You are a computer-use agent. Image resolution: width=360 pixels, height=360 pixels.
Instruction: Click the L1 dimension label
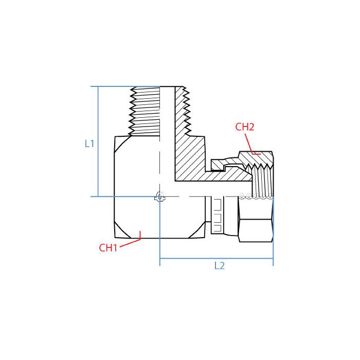89,144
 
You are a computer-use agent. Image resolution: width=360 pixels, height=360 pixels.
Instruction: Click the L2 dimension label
220,266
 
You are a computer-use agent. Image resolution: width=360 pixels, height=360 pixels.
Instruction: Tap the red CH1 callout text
109,247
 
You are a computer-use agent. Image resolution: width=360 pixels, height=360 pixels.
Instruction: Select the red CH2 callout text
245,127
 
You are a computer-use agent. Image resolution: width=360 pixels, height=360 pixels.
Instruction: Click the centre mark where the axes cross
160,196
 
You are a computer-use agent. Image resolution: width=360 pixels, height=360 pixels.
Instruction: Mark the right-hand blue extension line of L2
273,252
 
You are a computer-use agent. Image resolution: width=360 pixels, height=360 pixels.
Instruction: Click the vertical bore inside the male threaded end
168,118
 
